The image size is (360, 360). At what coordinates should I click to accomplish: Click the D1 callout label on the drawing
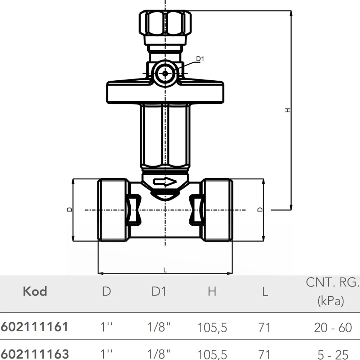tap(200, 59)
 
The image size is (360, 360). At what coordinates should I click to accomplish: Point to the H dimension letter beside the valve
tap(287, 110)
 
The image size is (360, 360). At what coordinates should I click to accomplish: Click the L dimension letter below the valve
tap(165, 270)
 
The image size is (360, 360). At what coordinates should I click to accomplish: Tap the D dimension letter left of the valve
tap(69, 210)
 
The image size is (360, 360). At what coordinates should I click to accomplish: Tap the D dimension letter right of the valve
tap(260, 210)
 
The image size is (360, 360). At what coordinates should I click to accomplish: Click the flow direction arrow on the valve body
tap(165, 182)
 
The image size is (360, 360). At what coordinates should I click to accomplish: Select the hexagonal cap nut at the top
tap(165, 22)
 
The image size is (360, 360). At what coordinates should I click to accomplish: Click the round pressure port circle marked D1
tap(165, 74)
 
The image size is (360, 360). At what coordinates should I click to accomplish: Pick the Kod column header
tap(35, 291)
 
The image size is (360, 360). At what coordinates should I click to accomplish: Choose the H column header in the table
tap(212, 291)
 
